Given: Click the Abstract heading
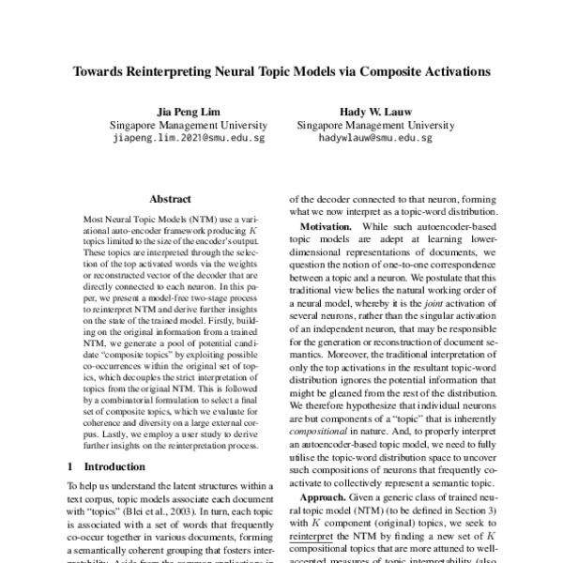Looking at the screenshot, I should (x=170, y=199).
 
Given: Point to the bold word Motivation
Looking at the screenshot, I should (x=329, y=229).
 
